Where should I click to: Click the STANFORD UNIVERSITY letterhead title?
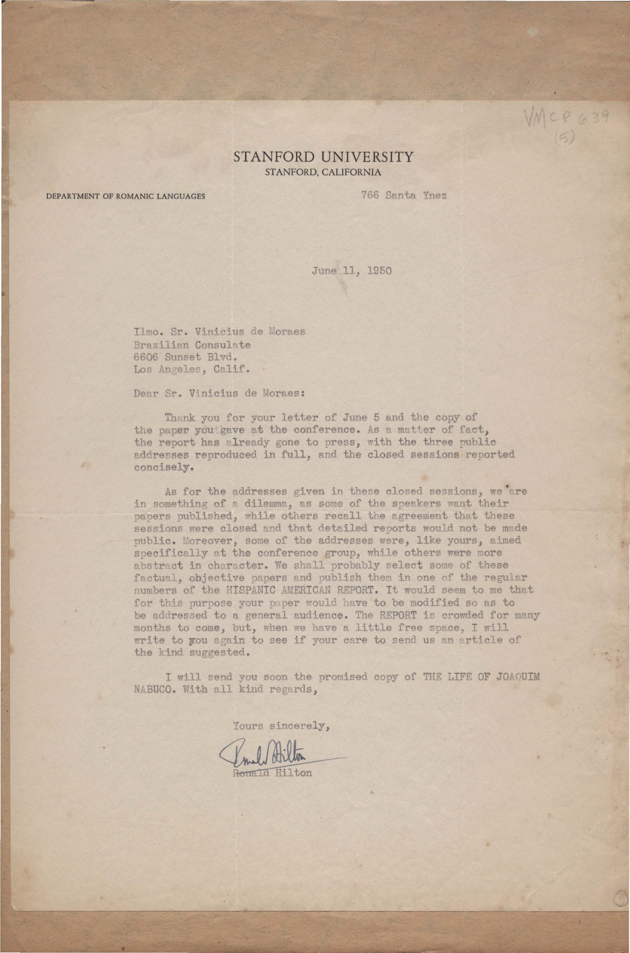tap(323, 156)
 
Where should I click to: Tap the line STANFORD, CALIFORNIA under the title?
tap(323, 173)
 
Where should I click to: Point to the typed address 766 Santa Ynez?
tap(404, 196)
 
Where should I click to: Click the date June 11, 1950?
tap(351, 270)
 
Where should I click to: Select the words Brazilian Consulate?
tap(192, 345)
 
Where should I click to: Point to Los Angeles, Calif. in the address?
tap(192, 369)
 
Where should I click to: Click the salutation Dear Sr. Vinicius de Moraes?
tap(219, 393)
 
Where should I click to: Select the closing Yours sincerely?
tap(281, 726)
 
